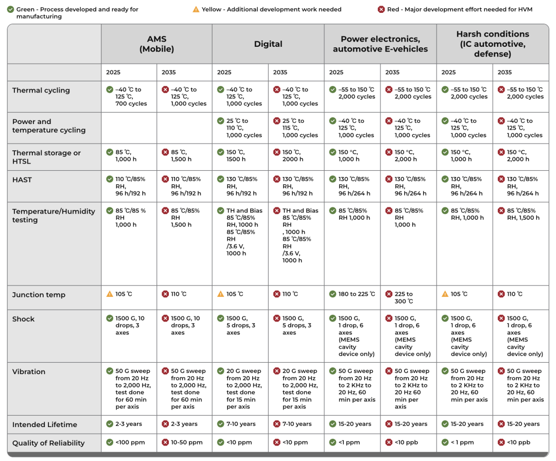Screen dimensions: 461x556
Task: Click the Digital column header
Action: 268,44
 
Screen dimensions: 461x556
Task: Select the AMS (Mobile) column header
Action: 157,44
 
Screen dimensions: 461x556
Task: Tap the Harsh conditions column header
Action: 492,44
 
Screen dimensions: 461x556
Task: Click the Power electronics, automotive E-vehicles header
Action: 380,44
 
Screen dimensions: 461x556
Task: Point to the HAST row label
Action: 22,180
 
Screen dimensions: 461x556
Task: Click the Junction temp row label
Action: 39,295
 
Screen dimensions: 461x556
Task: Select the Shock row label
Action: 24,319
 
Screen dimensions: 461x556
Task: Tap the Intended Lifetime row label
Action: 44,424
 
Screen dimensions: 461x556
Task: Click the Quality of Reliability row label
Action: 48,443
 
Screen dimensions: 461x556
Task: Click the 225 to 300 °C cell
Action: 404,297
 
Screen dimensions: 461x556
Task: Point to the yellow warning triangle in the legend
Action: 196,9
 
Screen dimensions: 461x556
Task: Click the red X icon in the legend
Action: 381,9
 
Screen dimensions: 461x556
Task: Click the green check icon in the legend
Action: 10,9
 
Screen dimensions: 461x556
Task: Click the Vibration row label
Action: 29,371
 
